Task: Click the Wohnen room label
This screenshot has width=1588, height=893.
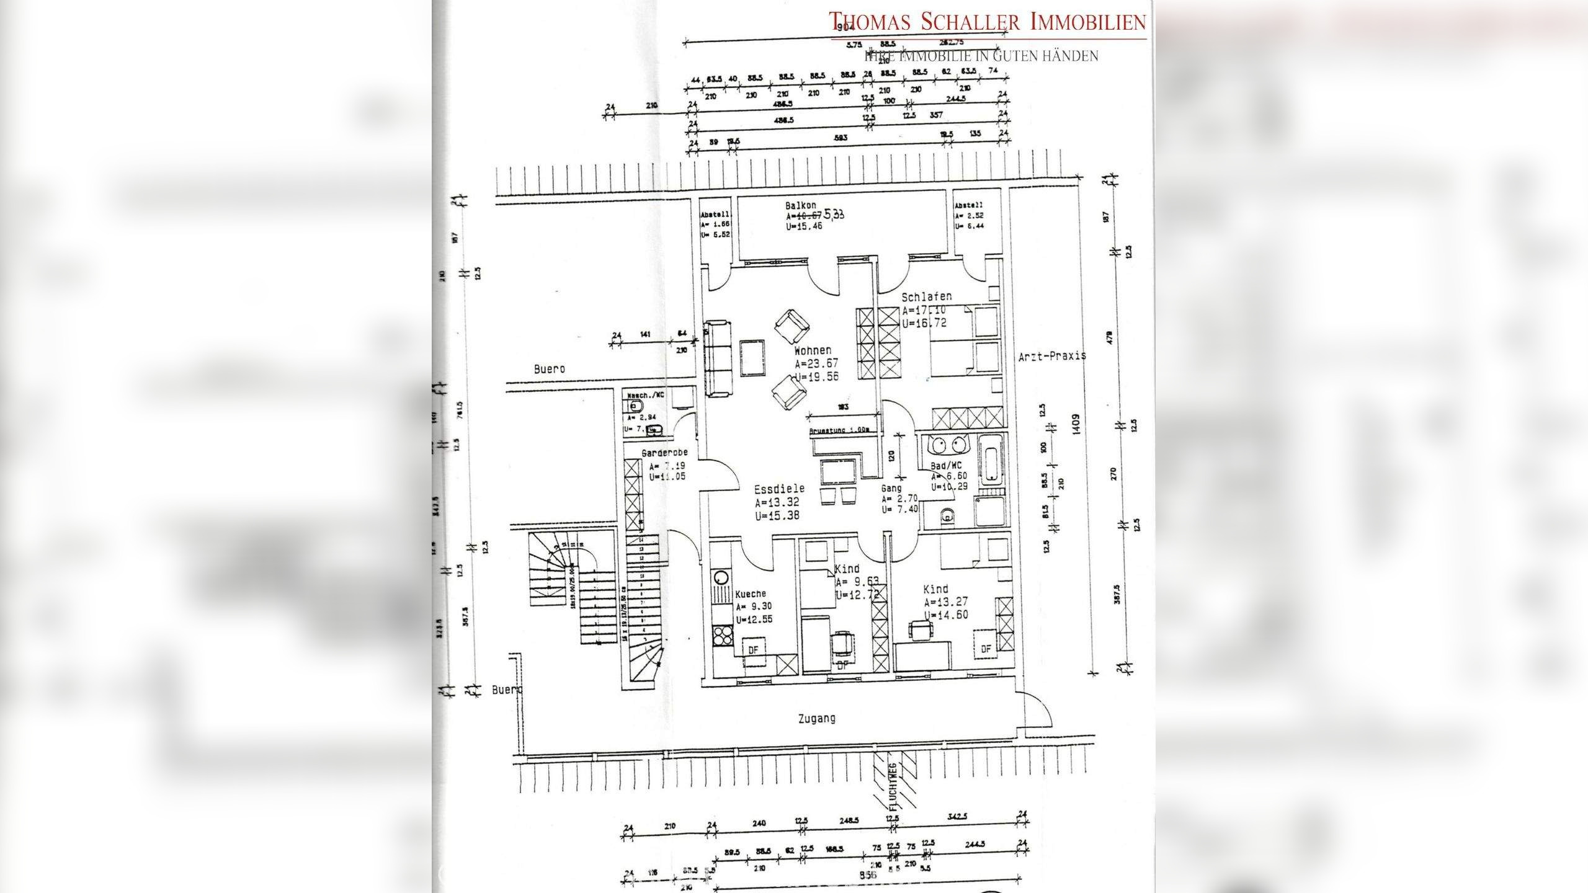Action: pyautogui.click(x=812, y=351)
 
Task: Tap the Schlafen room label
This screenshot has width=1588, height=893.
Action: pyautogui.click(x=926, y=297)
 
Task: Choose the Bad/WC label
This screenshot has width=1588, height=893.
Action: pyautogui.click(x=946, y=466)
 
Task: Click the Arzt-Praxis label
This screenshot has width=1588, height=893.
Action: pyautogui.click(x=1052, y=357)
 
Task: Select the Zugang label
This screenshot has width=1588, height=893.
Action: pyautogui.click(x=816, y=719)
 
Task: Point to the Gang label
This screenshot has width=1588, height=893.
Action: pyautogui.click(x=891, y=489)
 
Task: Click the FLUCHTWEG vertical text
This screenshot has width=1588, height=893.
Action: pyautogui.click(x=893, y=787)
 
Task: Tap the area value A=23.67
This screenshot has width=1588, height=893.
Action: pyautogui.click(x=816, y=364)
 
